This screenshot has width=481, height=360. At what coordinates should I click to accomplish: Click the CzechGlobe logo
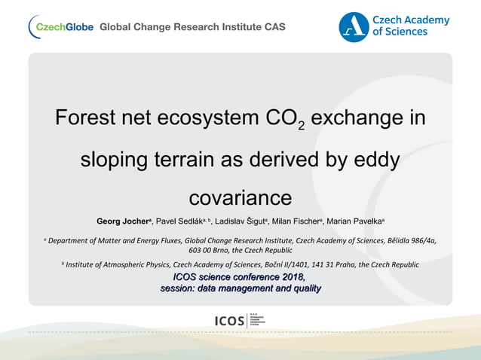point(61,26)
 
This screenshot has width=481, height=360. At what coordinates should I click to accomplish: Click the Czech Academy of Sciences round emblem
point(354,26)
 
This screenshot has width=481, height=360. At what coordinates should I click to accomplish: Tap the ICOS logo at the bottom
point(240,321)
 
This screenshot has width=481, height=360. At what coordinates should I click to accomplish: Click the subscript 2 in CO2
point(301,126)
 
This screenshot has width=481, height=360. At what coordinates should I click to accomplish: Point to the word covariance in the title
point(240,197)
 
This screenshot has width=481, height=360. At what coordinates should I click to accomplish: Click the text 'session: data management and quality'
point(240,288)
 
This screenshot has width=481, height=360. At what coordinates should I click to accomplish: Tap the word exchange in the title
point(368,119)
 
